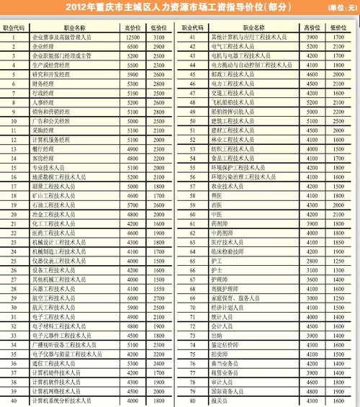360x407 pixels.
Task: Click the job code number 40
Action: click(x=14, y=400)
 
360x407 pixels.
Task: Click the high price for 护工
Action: click(x=311, y=259)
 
